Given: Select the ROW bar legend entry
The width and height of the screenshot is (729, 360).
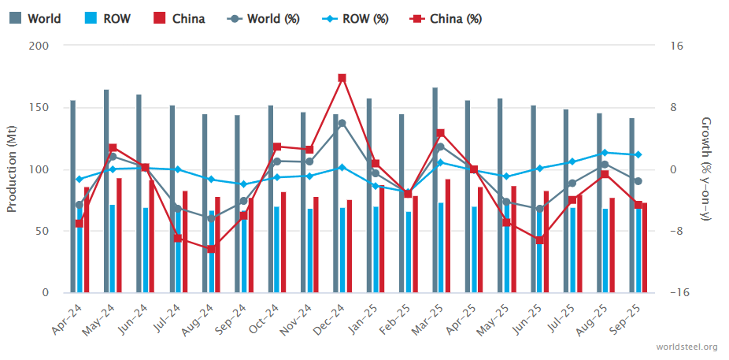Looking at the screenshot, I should (109, 18).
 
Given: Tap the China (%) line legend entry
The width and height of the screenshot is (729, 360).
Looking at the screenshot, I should (446, 18).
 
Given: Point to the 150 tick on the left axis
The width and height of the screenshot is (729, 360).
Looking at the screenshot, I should (39, 108).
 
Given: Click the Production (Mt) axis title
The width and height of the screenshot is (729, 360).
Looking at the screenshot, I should (12, 169).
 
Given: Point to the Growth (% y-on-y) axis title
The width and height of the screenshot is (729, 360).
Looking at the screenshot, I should (706, 169).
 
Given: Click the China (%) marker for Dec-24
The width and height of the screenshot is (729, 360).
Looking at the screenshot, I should (342, 78).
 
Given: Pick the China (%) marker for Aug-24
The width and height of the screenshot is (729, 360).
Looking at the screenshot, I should (211, 249).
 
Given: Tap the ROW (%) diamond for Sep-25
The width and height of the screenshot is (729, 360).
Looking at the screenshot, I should (638, 154).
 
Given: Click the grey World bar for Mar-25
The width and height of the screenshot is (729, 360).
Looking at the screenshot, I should (435, 190).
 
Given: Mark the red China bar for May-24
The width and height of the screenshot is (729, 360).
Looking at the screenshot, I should (119, 236).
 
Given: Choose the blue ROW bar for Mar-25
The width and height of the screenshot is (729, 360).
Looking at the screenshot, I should (441, 247).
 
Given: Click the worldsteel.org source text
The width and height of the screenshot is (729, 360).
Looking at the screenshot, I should (686, 347).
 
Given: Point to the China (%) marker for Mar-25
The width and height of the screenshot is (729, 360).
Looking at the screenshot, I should (440, 133).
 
